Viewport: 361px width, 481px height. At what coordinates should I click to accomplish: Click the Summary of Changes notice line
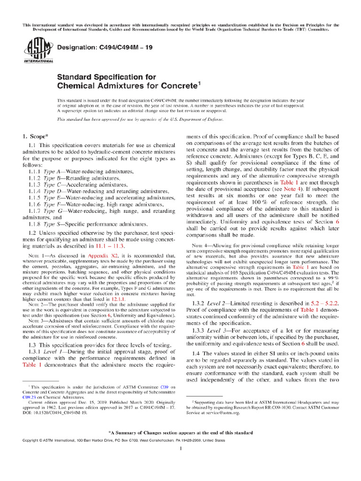pyautogui.click(x=180, y=432)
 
